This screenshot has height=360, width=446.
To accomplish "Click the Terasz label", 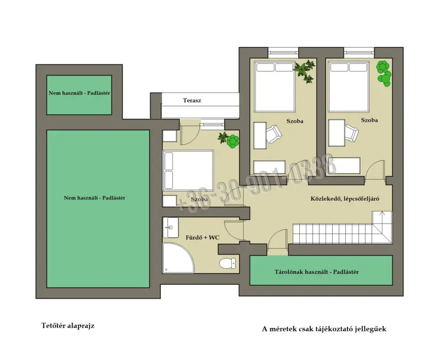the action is pyautogui.click(x=192, y=100).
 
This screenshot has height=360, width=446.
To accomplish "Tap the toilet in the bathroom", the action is pyautogui.click(x=227, y=263).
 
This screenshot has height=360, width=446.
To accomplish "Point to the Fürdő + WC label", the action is pyautogui.click(x=202, y=237).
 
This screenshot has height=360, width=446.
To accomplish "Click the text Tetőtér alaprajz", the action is pyautogui.click(x=68, y=326).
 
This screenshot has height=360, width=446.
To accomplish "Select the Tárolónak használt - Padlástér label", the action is pyautogui.click(x=317, y=272).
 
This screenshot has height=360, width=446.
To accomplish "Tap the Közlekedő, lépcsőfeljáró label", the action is pyautogui.click(x=345, y=199).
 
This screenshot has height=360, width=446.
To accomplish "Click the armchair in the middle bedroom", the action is pyautogui.click(x=274, y=134).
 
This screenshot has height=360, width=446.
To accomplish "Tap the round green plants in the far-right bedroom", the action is pyautogui.click(x=384, y=73).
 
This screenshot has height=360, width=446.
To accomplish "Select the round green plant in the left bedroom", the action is pyautogui.click(x=233, y=141).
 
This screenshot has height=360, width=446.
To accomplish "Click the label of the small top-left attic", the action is pyautogui.click(x=79, y=93).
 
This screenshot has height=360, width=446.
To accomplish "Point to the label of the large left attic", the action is pyautogui.click(x=95, y=198).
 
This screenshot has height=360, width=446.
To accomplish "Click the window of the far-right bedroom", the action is pyautogui.click(x=359, y=52).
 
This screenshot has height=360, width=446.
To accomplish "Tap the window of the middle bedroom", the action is pyautogui.click(x=283, y=52).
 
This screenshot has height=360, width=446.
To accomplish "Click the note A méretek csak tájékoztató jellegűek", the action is pyautogui.click(x=324, y=329).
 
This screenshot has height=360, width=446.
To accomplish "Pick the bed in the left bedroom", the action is pyautogui.click(x=188, y=170).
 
